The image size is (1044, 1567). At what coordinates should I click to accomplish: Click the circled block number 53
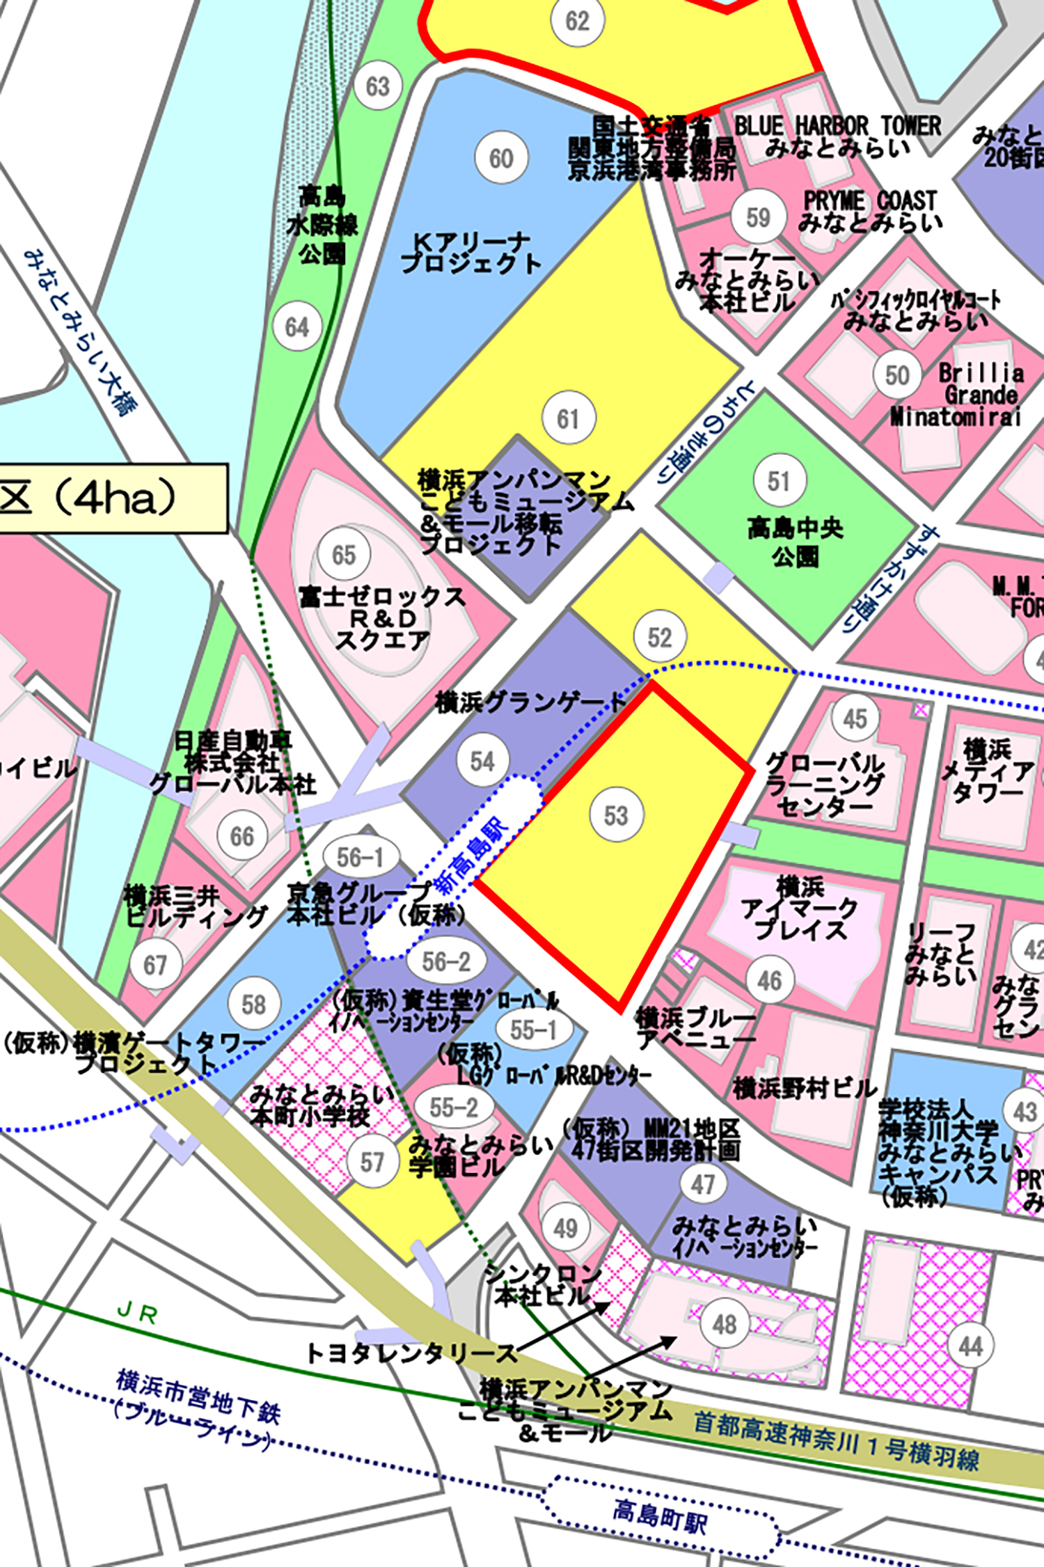click(616, 815)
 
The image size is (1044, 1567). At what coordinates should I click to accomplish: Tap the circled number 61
click(569, 418)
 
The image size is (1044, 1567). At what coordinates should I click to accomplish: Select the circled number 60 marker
click(501, 158)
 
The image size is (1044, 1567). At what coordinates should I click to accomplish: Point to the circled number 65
click(344, 555)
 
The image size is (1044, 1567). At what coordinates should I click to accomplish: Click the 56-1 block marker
click(361, 858)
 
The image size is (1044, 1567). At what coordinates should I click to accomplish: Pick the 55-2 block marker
click(454, 1107)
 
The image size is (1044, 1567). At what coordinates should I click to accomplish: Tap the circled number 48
click(725, 1323)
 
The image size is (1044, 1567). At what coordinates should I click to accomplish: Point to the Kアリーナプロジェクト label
click(470, 253)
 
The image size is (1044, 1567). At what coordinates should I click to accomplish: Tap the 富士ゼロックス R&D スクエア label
click(382, 617)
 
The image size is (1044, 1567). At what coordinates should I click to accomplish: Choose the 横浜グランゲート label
click(531, 702)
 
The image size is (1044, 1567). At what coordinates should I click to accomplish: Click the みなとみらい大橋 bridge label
click(80, 332)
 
